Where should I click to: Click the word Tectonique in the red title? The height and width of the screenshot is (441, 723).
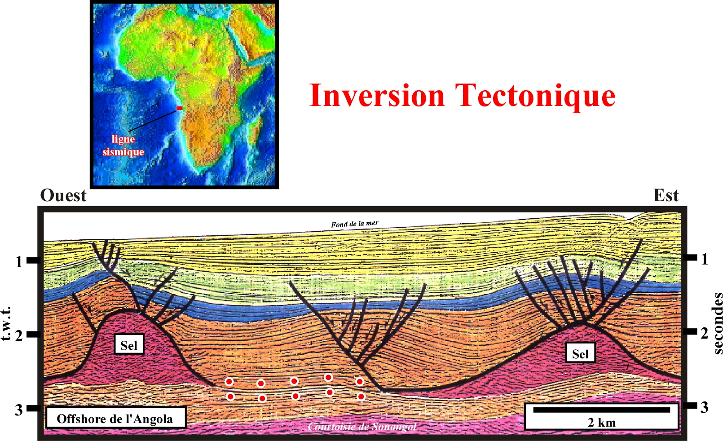(x=535, y=96)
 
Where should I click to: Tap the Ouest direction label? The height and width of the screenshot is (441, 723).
(x=63, y=196)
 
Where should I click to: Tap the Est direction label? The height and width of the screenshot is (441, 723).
(x=666, y=195)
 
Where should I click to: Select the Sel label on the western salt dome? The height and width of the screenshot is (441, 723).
(x=129, y=345)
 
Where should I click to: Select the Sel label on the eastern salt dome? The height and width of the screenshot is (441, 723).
(x=581, y=354)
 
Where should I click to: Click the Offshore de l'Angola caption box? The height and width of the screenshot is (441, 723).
(x=116, y=419)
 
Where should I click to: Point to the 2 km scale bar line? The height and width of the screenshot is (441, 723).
(x=602, y=410)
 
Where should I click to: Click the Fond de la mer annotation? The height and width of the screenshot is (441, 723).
(x=354, y=224)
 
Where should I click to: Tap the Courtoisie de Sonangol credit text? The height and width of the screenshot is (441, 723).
(x=362, y=427)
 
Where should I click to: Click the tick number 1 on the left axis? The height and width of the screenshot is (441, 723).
(x=19, y=262)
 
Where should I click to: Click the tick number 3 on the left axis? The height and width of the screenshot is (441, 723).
(x=19, y=410)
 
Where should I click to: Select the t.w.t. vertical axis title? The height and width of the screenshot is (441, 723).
(x=6, y=323)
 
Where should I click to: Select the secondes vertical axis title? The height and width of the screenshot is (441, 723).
(x=717, y=323)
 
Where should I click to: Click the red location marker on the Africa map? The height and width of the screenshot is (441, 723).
(x=180, y=108)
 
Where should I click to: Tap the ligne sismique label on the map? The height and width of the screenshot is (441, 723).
(x=123, y=146)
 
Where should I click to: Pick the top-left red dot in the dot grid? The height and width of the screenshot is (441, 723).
(x=229, y=382)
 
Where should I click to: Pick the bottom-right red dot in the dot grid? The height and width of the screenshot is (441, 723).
(x=361, y=396)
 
